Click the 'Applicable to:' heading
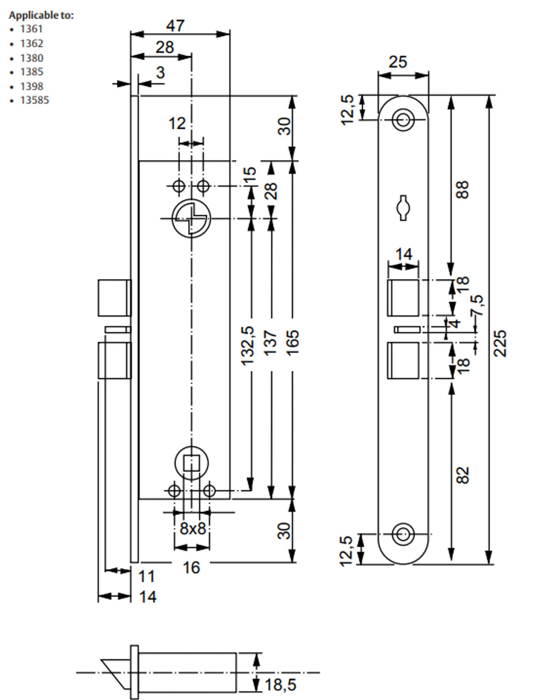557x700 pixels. (x=41, y=15)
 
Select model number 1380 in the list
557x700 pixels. (x=31, y=58)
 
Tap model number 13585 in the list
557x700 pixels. (x=35, y=100)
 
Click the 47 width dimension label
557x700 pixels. (x=175, y=25)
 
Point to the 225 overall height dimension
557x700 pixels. (x=500, y=343)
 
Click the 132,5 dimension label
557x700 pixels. (x=248, y=345)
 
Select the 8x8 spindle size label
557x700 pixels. (x=192, y=529)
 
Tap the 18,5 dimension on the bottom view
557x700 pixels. (x=281, y=685)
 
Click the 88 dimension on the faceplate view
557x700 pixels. (x=463, y=189)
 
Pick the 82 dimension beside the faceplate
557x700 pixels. (x=463, y=475)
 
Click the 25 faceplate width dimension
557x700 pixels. (x=398, y=62)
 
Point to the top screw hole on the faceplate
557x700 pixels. (x=403, y=120)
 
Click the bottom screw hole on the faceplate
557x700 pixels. (x=403, y=534)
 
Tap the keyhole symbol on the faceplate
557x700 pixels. (x=403, y=208)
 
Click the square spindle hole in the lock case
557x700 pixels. (x=192, y=464)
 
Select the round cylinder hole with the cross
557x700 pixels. (x=191, y=218)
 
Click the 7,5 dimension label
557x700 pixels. (x=478, y=306)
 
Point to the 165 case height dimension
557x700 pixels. (x=292, y=342)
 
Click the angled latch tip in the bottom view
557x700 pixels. (x=117, y=672)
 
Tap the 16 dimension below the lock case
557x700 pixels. (x=191, y=568)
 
